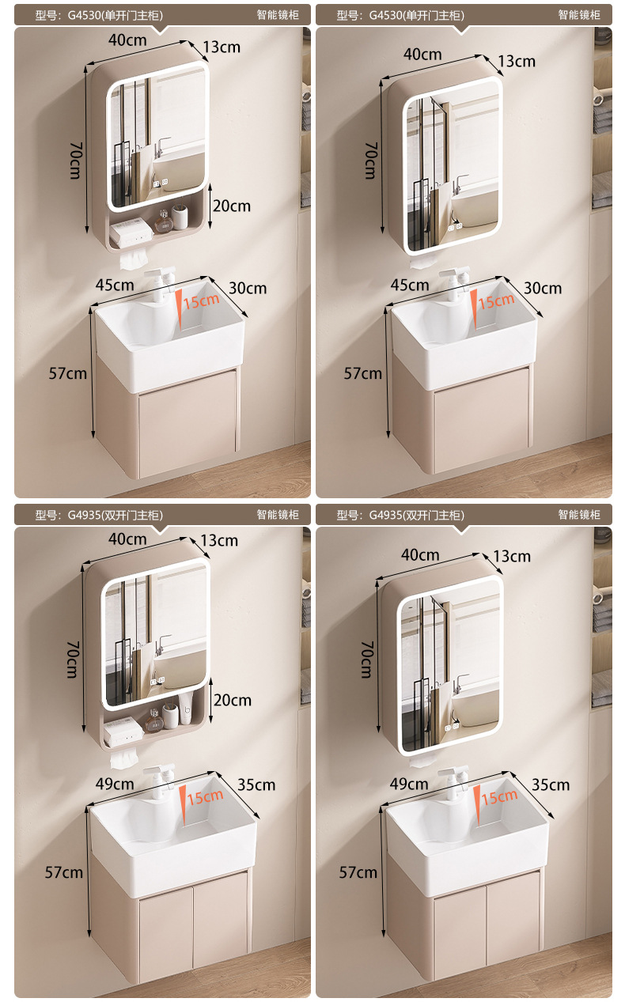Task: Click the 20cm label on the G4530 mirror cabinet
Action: coord(231,206)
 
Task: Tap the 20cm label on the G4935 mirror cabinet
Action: coord(232,700)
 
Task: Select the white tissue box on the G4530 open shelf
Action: coord(131,232)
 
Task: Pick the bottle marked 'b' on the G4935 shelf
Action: coord(186,709)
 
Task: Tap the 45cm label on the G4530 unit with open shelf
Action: coord(115,285)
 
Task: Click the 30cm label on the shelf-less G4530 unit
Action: coord(543,288)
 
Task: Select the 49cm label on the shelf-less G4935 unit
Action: coord(409,784)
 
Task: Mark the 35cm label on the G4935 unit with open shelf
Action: coord(256,785)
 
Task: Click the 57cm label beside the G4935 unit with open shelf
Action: coord(64,872)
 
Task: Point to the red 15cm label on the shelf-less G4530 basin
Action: coord(496,301)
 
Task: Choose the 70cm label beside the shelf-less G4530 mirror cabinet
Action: coord(371,161)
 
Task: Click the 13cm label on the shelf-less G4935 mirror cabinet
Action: coord(512,557)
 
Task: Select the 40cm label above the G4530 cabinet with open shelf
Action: coord(127,40)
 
